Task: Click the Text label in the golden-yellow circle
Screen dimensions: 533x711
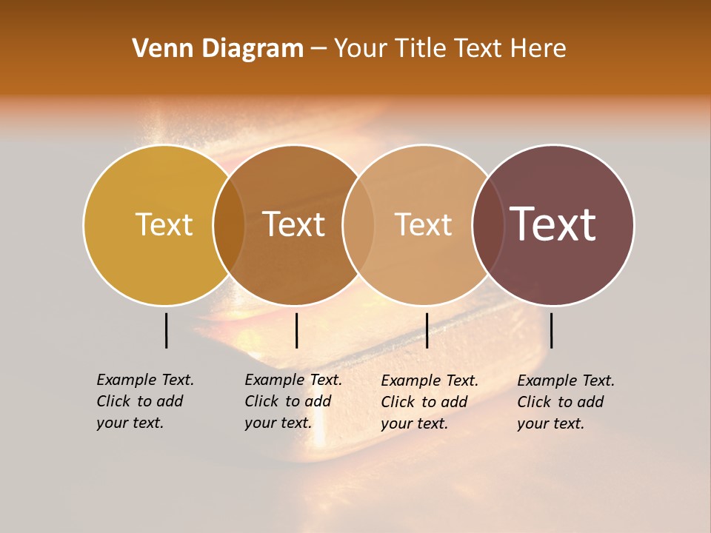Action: coord(164,224)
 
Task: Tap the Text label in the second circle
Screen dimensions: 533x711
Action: coord(294,224)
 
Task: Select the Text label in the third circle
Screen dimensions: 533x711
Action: coord(423,224)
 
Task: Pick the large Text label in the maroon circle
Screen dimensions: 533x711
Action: coord(553,224)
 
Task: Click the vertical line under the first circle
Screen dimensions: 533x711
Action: coord(166,330)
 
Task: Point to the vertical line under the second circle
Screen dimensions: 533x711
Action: coord(296,330)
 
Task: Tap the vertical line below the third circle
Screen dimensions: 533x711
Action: coord(427,330)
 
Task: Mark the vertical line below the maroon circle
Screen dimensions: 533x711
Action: coord(552,330)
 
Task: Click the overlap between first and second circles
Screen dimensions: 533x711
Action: coord(229,224)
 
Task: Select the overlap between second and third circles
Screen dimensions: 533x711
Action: coord(358,224)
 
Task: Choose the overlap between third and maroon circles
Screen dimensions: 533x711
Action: coord(488,224)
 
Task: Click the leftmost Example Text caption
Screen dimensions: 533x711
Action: coord(145,401)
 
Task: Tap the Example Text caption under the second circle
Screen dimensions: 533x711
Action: coord(293,401)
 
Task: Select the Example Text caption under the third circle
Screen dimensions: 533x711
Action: coord(430,402)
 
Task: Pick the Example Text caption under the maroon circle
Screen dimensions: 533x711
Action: coord(566,402)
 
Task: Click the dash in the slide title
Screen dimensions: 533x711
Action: coord(318,49)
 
